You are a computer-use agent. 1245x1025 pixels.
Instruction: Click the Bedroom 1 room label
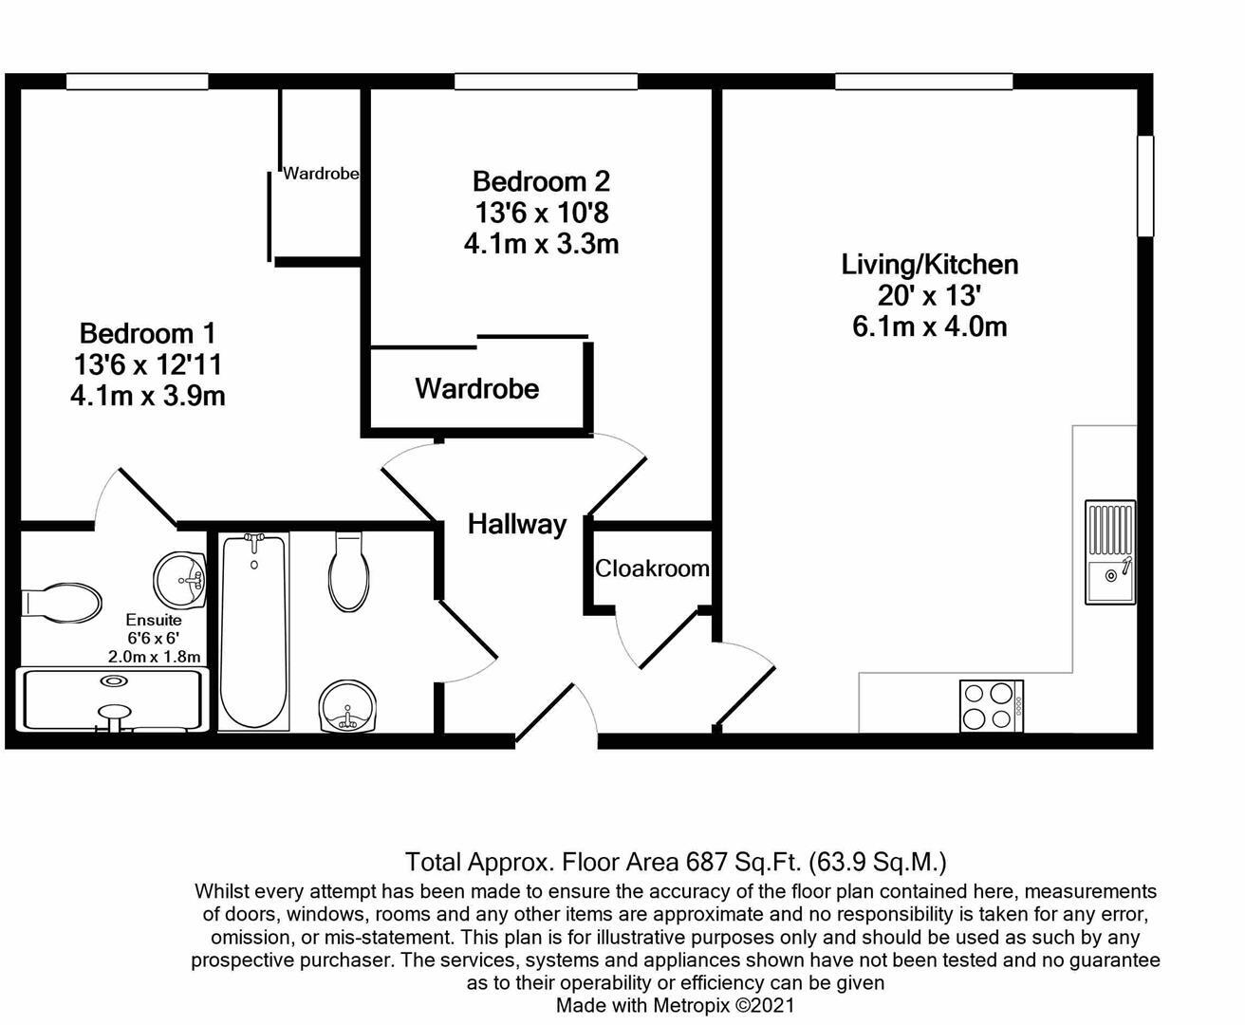(147, 333)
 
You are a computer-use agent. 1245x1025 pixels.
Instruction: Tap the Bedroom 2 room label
(541, 181)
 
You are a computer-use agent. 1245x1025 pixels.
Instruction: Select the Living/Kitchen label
(929, 264)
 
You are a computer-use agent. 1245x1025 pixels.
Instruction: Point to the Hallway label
(516, 524)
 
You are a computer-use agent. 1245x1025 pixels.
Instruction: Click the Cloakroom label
(652, 568)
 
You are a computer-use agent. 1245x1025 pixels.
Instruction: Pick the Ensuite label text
(153, 620)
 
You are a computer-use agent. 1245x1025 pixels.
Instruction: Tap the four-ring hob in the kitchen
(991, 706)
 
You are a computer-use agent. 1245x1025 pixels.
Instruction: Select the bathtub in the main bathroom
(254, 631)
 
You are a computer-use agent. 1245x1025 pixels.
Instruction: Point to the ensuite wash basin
(180, 577)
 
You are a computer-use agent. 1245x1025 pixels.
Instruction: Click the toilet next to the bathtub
(349, 572)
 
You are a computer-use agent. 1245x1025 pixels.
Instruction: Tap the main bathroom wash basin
(348, 707)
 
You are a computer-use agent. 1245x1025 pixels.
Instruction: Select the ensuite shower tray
(113, 701)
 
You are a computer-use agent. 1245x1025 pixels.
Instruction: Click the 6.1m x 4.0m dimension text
(929, 327)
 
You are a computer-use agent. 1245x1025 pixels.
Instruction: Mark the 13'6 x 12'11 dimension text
(147, 364)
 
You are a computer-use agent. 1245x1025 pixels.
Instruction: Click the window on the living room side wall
(1145, 185)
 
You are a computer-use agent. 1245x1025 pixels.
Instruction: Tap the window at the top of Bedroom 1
(138, 83)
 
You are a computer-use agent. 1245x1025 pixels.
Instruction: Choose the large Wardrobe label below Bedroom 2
(476, 388)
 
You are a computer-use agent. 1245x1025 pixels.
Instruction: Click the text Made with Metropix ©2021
(675, 1005)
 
